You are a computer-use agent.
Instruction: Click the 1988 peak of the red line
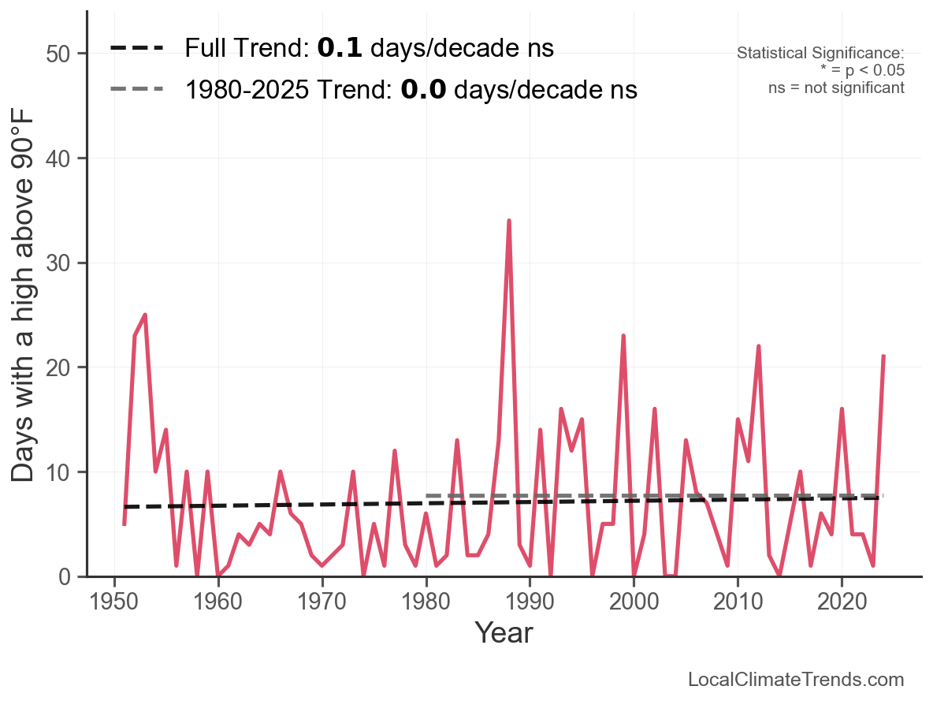click(509, 222)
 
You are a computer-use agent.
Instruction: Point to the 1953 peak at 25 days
click(145, 315)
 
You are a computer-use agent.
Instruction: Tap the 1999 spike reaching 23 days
click(623, 337)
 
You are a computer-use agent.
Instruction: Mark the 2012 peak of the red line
click(758, 347)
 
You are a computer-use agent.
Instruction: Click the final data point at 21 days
click(883, 356)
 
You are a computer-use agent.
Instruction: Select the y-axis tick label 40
click(64, 158)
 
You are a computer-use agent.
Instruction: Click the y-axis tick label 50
click(64, 54)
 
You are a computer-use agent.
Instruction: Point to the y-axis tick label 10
click(64, 472)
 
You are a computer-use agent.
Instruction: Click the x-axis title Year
click(504, 633)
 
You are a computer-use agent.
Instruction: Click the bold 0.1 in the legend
click(340, 49)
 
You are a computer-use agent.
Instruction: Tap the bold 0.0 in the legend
click(423, 90)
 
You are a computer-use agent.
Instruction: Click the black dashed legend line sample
click(136, 49)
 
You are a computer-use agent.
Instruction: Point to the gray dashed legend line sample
click(136, 89)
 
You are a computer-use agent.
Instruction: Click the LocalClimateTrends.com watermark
click(796, 680)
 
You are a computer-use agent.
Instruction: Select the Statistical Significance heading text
click(820, 54)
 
